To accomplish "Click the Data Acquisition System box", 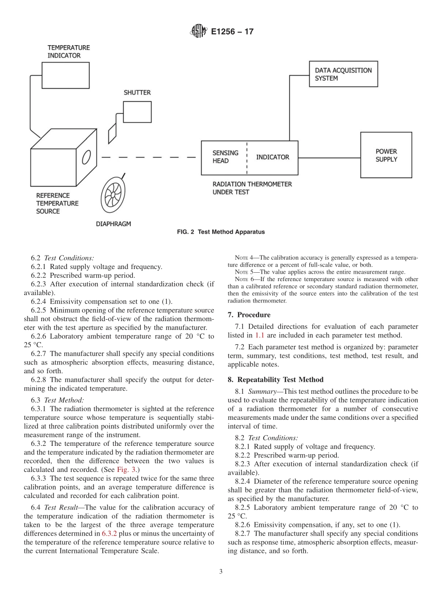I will pyautogui.click(x=343, y=74).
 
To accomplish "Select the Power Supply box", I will pyautogui.click(x=386, y=155).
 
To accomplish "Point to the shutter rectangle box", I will pyautogui.click(x=137, y=112).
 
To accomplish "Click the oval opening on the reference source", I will pyautogui.click(x=86, y=158).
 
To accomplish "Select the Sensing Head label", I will pyautogui.click(x=225, y=157).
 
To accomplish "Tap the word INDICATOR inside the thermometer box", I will pyautogui.click(x=273, y=157).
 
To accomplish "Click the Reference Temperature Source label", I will pyautogui.click(x=57, y=203).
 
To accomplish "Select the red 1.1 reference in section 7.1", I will pyautogui.click(x=259, y=335).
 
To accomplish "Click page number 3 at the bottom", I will pyautogui.click(x=221, y=572).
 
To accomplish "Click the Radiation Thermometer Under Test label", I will pyautogui.click(x=252, y=188).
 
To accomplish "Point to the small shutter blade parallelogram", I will pyautogui.click(x=112, y=134).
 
